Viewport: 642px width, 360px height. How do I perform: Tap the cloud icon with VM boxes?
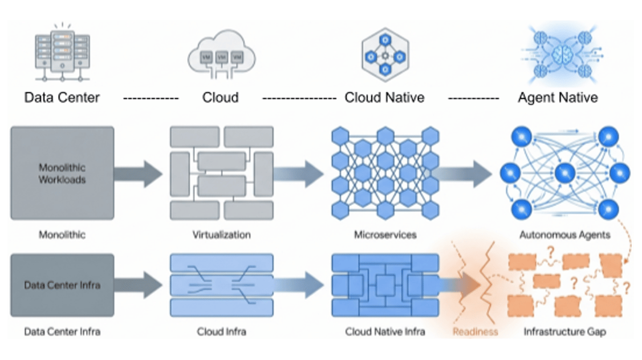pyautogui.click(x=221, y=55)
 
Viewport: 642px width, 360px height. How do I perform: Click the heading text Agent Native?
pyautogui.click(x=558, y=98)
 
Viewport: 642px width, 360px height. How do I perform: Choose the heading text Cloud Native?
pyautogui.click(x=384, y=98)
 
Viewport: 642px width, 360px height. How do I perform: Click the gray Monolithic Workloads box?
pyautogui.click(x=62, y=173)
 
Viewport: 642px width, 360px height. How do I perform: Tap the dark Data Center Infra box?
pyautogui.click(x=62, y=285)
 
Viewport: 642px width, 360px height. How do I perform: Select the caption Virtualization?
pyautogui.click(x=222, y=234)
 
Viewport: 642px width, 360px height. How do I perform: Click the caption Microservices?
pyautogui.click(x=385, y=234)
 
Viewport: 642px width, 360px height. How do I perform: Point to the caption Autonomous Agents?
pyautogui.click(x=564, y=234)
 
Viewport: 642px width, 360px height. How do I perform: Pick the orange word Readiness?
pyautogui.click(x=475, y=331)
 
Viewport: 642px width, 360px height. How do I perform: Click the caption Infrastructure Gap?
pyautogui.click(x=564, y=331)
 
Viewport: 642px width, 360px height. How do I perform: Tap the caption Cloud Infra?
pyautogui.click(x=222, y=331)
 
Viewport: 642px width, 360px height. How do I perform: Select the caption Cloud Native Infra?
pyautogui.click(x=385, y=331)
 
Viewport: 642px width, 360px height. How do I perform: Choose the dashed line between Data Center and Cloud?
pyautogui.click(x=151, y=98)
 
